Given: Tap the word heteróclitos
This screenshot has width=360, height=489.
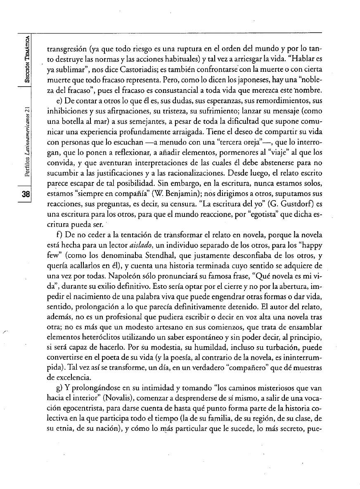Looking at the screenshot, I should (x=89, y=343).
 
